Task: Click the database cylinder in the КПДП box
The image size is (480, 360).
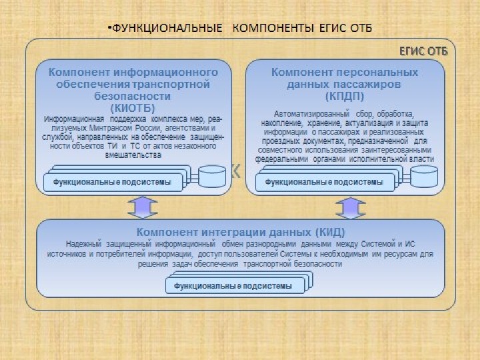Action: pyautogui.click(x=424, y=177)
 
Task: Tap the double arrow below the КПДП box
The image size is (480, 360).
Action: pyautogui.click(x=351, y=207)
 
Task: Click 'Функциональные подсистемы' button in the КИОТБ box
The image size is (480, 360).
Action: pyautogui.click(x=113, y=181)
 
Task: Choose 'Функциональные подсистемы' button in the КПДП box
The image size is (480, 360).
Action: pyautogui.click(x=325, y=181)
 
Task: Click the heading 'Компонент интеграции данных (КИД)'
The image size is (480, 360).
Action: pyautogui.click(x=239, y=232)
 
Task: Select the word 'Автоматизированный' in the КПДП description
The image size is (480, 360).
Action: pyautogui.click(x=303, y=113)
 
